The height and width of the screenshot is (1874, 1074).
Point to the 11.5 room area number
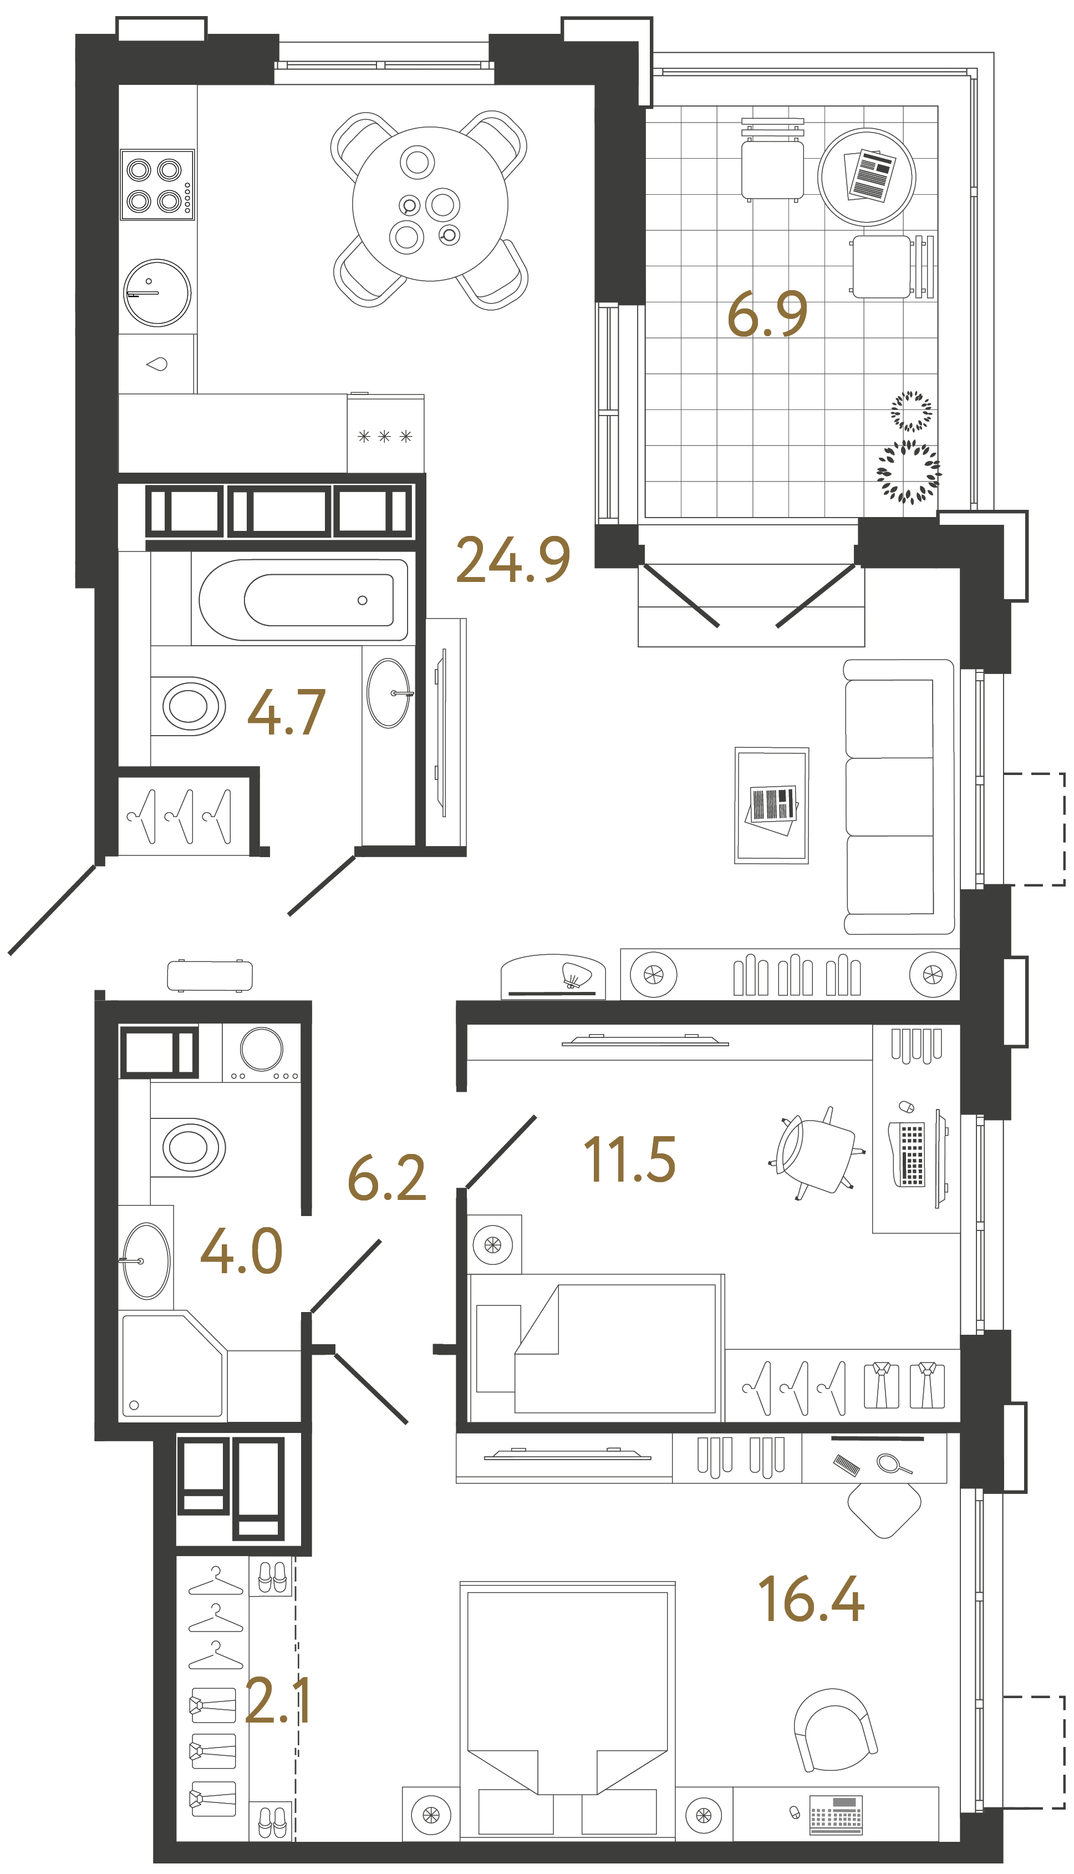629,1160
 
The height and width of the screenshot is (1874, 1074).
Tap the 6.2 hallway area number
386,1178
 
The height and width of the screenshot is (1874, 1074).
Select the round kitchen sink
156,292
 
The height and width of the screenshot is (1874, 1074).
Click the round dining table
430,204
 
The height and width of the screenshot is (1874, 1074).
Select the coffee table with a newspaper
772,805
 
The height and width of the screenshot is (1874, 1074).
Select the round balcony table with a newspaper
866,177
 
